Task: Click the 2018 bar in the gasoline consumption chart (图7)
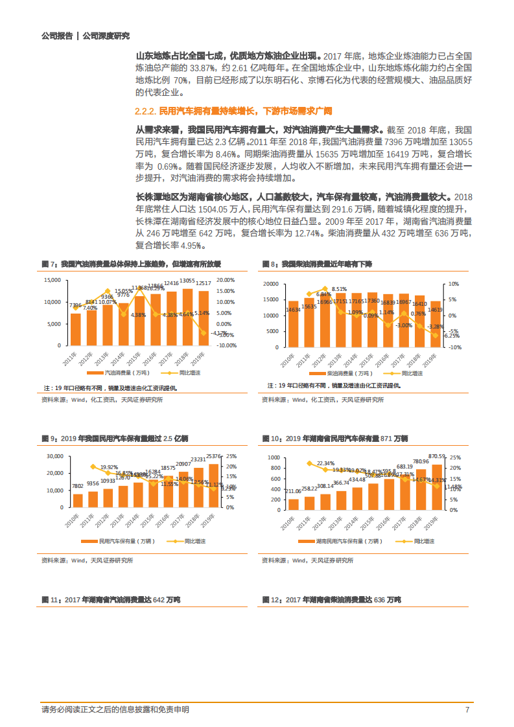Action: (x=187, y=317)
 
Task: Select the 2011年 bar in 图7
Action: (x=76, y=329)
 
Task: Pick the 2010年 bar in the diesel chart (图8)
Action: (x=294, y=324)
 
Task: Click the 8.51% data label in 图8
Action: (x=339, y=289)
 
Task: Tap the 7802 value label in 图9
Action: (x=77, y=486)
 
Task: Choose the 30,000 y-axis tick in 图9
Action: (x=52, y=457)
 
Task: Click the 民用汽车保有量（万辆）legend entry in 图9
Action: (x=123, y=541)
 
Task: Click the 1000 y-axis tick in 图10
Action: (x=274, y=457)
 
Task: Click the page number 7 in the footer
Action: (x=467, y=710)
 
